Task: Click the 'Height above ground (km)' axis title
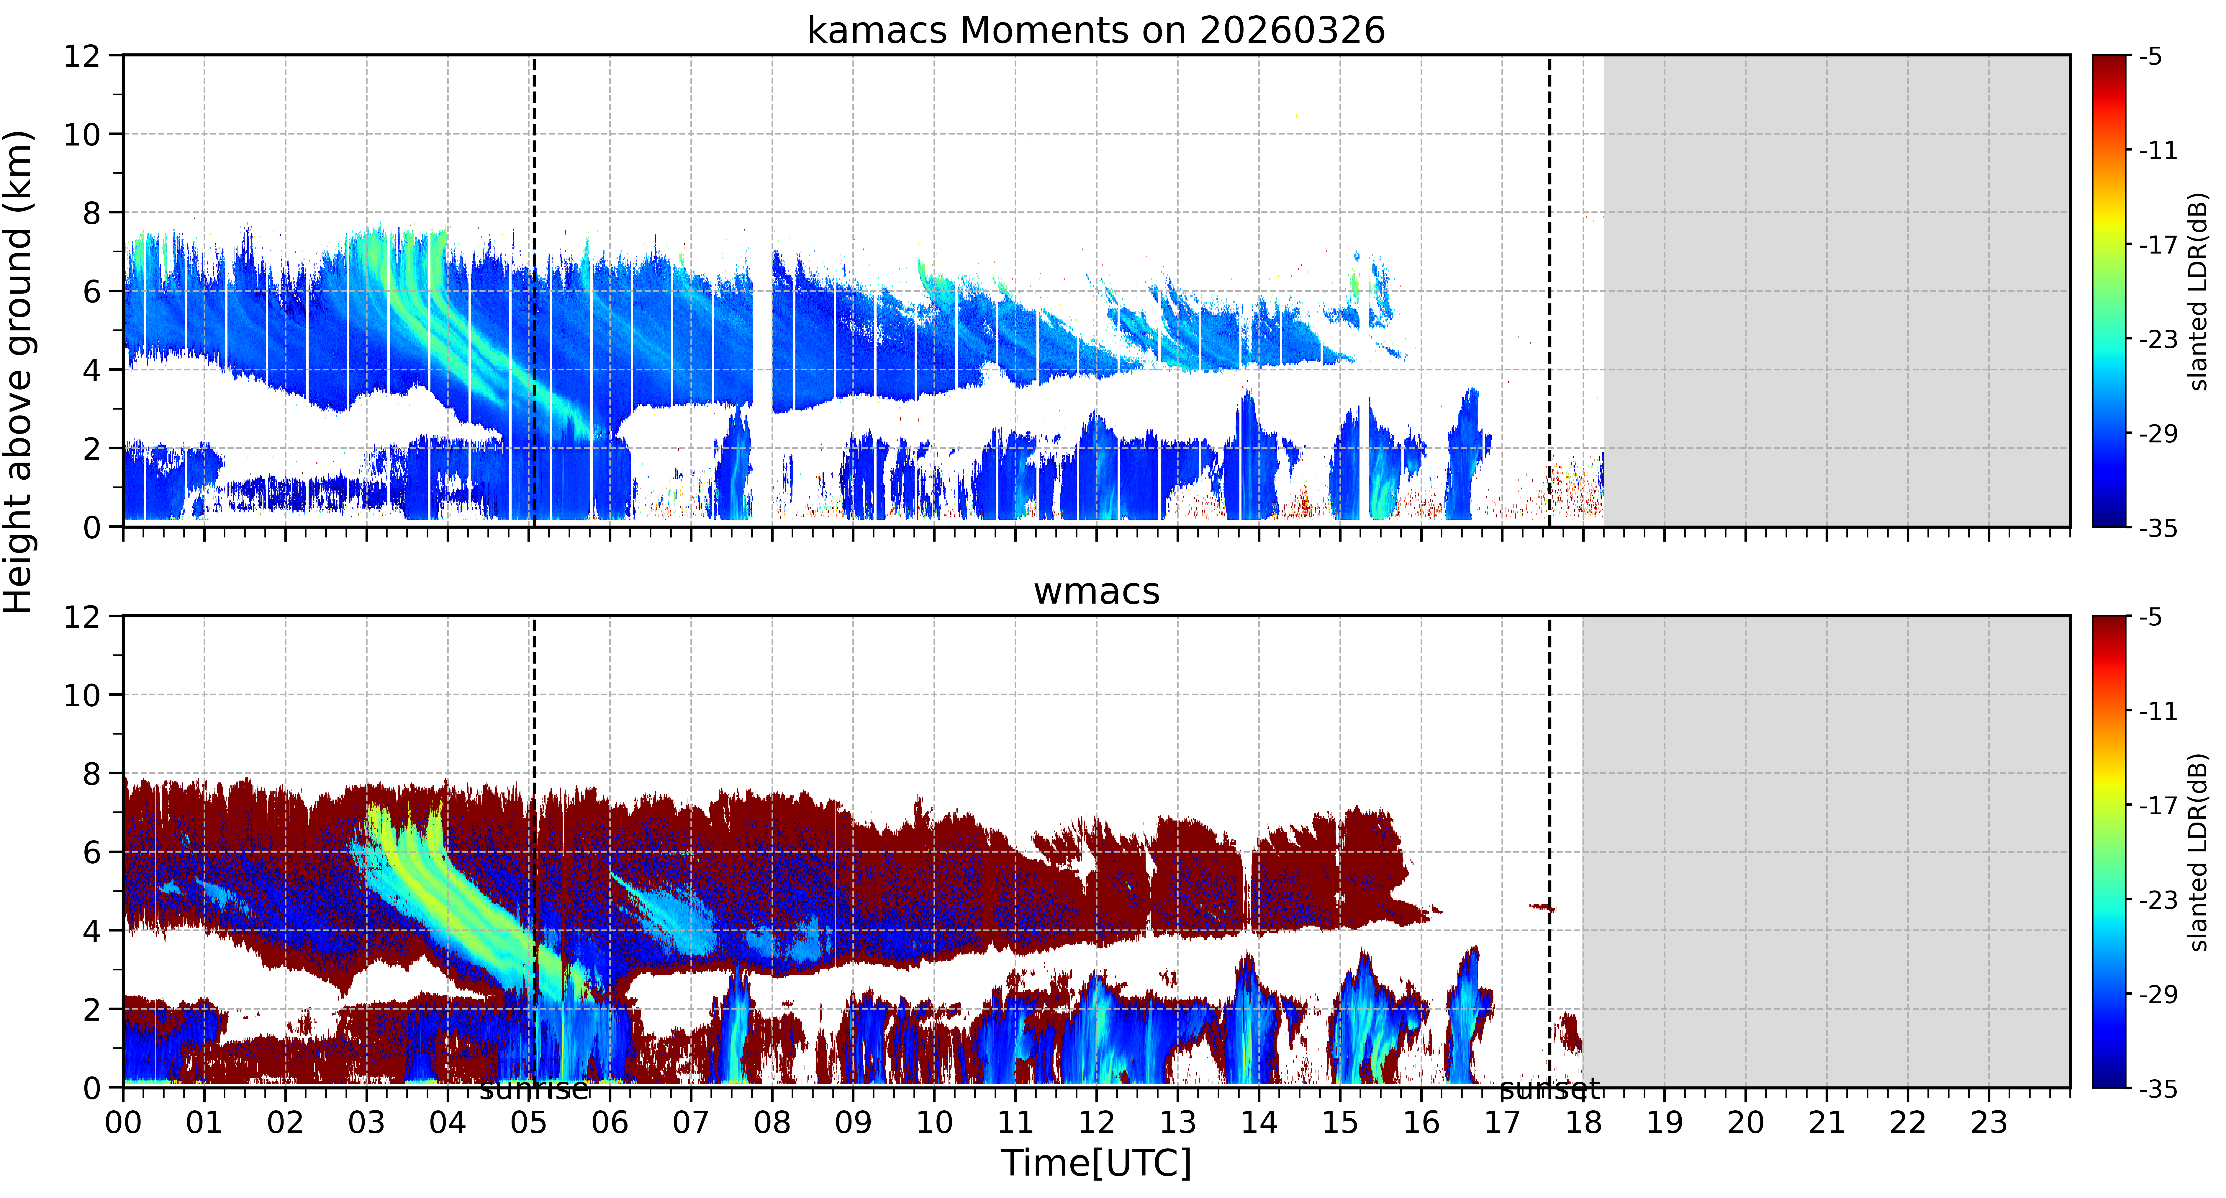(19, 372)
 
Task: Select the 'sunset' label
(1550, 1090)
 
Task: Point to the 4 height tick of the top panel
(91, 370)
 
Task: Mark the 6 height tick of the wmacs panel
(91, 852)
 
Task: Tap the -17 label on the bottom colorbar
(2158, 805)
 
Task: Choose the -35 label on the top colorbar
(2158, 528)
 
